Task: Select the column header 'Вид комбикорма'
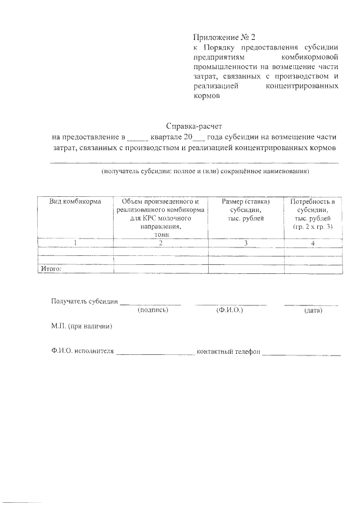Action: point(75,201)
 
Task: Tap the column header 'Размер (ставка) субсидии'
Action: point(245,209)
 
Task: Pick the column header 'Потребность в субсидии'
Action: point(313,213)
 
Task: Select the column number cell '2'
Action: point(160,243)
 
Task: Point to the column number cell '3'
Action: point(245,243)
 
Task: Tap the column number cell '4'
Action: point(313,243)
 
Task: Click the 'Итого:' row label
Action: point(51,269)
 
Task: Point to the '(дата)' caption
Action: point(313,310)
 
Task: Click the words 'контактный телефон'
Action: point(228,352)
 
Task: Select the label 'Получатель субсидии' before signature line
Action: point(84,301)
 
